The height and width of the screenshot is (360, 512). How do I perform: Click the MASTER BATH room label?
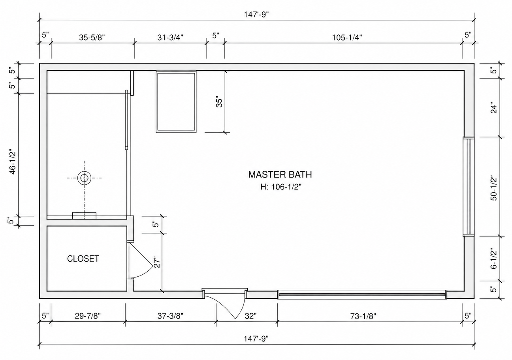(x=280, y=174)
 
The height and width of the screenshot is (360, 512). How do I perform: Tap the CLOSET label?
(x=83, y=259)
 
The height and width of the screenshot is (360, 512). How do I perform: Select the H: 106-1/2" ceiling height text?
(x=281, y=187)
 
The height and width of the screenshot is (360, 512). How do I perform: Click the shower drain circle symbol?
(x=84, y=178)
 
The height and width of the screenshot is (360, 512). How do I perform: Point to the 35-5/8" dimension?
(x=92, y=37)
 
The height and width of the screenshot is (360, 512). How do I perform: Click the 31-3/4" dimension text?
(x=170, y=37)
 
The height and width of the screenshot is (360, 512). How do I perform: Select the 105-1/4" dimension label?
(x=347, y=37)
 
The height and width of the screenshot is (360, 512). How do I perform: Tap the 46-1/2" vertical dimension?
(x=13, y=162)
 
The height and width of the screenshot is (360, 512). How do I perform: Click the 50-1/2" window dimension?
(x=494, y=188)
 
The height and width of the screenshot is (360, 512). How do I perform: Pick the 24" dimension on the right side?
(x=494, y=109)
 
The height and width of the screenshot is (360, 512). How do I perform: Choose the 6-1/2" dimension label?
(x=494, y=259)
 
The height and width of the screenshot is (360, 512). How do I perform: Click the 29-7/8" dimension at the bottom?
(x=88, y=316)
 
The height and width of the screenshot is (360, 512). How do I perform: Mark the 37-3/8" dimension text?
(x=170, y=316)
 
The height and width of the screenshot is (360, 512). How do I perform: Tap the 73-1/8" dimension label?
(x=363, y=316)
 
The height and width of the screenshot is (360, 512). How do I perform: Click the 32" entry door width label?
(x=250, y=316)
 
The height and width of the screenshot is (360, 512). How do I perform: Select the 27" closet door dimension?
(x=157, y=262)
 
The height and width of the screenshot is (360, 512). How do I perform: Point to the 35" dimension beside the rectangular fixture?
(x=219, y=103)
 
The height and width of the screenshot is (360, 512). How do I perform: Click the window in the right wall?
(x=469, y=186)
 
